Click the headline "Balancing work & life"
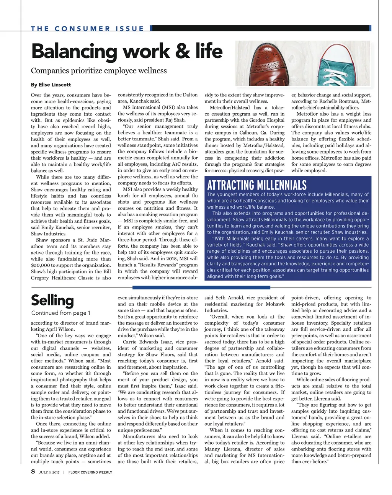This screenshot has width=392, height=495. click(x=126, y=52)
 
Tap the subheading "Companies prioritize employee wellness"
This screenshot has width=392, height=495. click(x=99, y=71)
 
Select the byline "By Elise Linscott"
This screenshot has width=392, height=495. click(x=51, y=85)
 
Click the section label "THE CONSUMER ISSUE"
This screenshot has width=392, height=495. click(x=87, y=29)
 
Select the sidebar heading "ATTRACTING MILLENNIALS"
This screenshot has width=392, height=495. click(x=257, y=186)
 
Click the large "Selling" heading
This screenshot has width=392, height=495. click(x=52, y=301)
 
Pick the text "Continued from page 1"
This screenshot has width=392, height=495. click(x=61, y=313)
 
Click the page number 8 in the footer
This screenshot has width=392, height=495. click(x=33, y=471)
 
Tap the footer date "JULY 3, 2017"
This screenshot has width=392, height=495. click(x=49, y=472)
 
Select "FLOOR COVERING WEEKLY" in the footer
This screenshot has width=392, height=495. click(x=90, y=472)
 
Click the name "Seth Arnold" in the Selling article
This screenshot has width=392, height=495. click(x=229, y=298)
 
